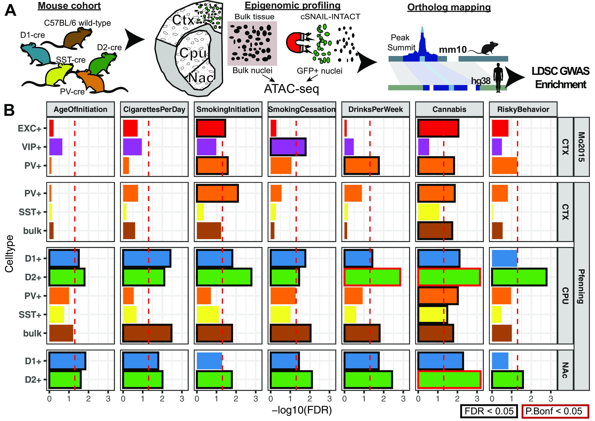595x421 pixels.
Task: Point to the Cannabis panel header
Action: point(449,109)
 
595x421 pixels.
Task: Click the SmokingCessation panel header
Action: point(302,109)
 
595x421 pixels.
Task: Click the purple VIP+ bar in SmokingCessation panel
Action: point(288,147)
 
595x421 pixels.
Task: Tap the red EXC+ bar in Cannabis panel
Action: point(438,128)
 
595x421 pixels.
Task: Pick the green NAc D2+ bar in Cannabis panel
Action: point(449,379)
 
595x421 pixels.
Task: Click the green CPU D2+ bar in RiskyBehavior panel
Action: point(519,277)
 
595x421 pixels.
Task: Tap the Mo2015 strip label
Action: point(581,147)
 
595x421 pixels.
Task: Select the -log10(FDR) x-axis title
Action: point(302,410)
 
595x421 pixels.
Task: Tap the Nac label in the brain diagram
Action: point(201,77)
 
